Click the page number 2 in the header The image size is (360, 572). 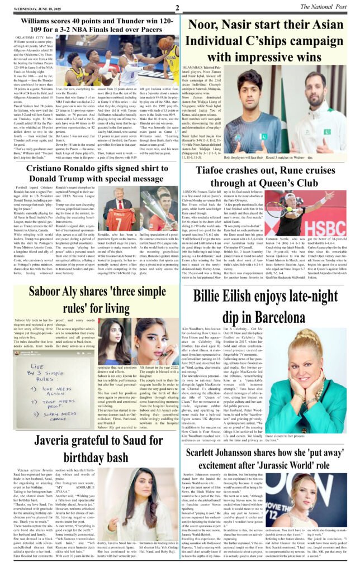coord(177,7)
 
